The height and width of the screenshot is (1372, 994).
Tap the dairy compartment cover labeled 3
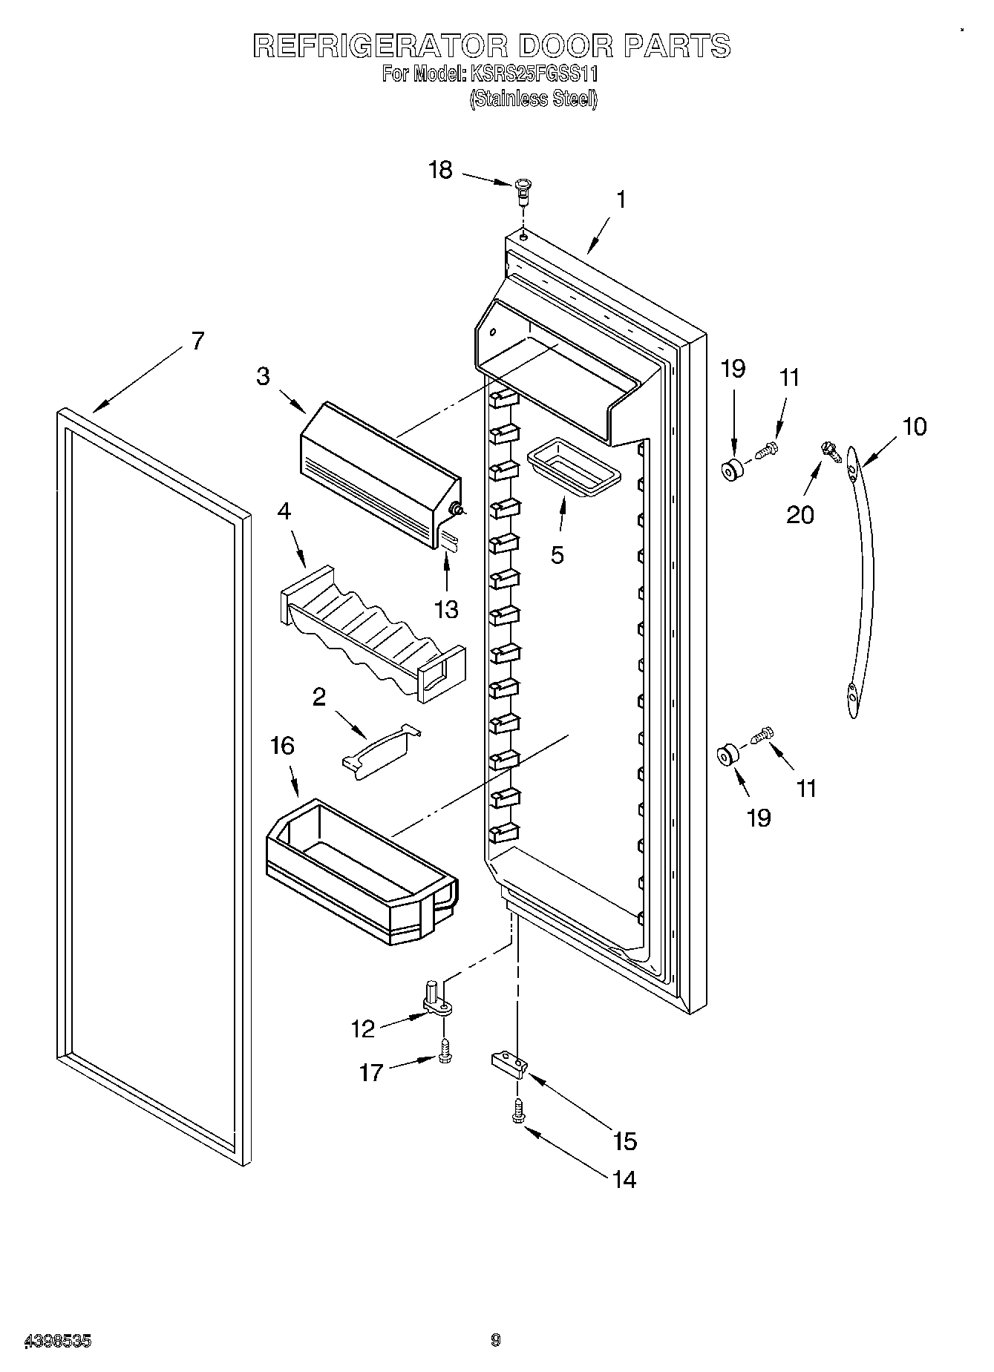point(379,471)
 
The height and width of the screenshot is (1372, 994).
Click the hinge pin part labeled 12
point(437,997)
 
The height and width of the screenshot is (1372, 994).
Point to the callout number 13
point(446,609)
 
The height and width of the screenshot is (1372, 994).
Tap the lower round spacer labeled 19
point(727,757)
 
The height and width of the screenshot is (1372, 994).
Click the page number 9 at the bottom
point(496,1340)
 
